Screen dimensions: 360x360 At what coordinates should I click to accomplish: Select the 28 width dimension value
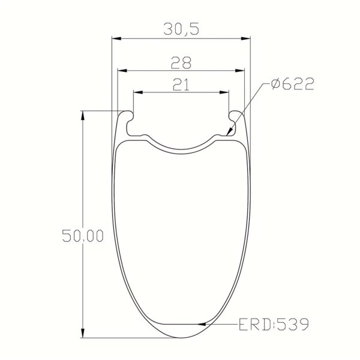tap(181, 62)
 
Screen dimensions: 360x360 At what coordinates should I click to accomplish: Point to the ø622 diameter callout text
tap(292, 85)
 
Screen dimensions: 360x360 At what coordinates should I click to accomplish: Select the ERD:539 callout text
tap(273, 325)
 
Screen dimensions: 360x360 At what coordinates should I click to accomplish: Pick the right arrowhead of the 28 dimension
tap(241, 71)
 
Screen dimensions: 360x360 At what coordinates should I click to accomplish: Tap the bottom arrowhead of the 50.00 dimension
tap(83, 335)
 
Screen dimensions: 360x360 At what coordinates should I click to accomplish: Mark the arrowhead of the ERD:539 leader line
tap(207, 325)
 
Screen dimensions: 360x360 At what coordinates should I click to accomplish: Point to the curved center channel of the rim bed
tap(181, 146)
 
